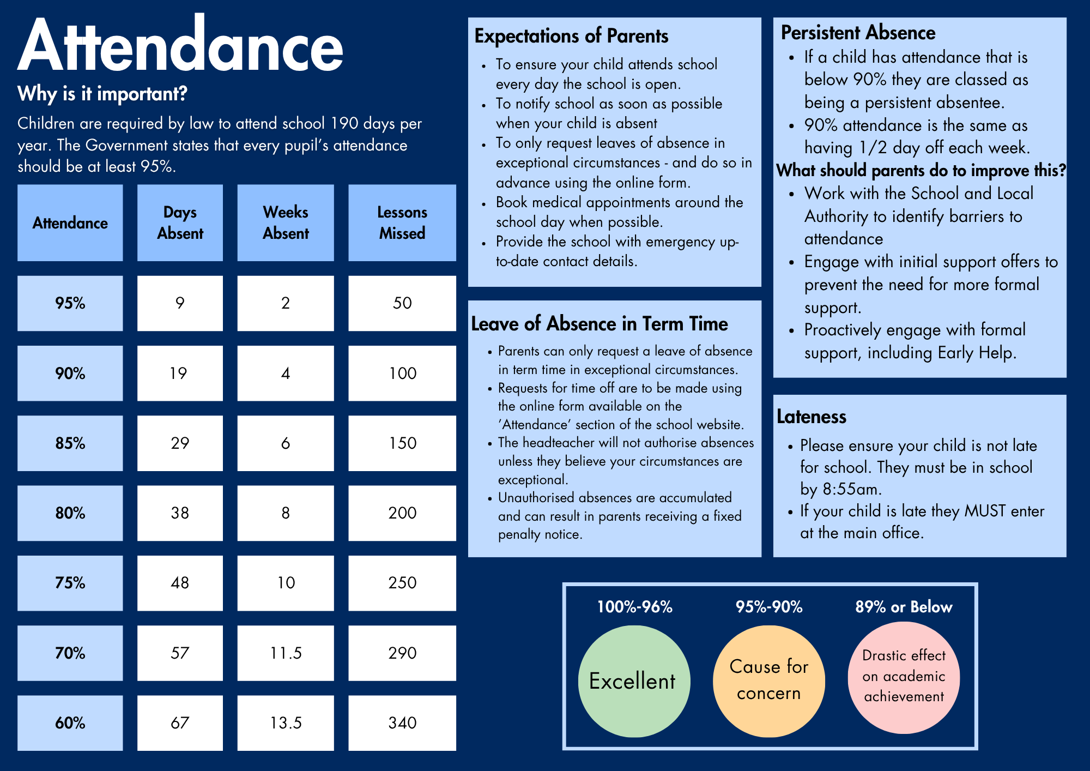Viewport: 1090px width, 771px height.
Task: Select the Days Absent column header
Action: pyautogui.click(x=180, y=222)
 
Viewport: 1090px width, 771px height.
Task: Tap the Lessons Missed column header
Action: pyautogui.click(x=402, y=222)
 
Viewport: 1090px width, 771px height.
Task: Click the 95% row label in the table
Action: pyautogui.click(x=70, y=303)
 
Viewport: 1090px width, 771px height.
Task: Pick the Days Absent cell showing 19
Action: pyautogui.click(x=180, y=374)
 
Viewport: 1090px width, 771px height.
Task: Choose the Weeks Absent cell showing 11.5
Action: pyautogui.click(x=286, y=653)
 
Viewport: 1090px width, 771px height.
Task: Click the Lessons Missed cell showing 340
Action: pyautogui.click(x=402, y=723)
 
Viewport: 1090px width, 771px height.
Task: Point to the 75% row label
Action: pyautogui.click(x=70, y=583)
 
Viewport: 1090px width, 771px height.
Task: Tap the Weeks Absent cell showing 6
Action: pyautogui.click(x=286, y=443)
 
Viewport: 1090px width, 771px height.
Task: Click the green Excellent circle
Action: pyautogui.click(x=634, y=681)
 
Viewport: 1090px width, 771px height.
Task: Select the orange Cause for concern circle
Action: pyautogui.click(x=769, y=681)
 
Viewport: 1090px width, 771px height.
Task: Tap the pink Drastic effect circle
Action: pyautogui.click(x=904, y=677)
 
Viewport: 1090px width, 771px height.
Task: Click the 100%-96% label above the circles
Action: pyautogui.click(x=635, y=607)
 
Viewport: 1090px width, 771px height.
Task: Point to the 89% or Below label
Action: pyautogui.click(x=904, y=607)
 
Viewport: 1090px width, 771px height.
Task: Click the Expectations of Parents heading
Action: pyautogui.click(x=571, y=36)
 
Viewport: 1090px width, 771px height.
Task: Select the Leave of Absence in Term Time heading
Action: pyautogui.click(x=599, y=324)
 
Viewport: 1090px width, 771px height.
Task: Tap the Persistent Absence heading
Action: pyautogui.click(x=858, y=33)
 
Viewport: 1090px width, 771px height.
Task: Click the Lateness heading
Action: pyautogui.click(x=812, y=417)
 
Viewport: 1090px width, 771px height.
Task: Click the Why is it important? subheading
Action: pyautogui.click(x=102, y=94)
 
